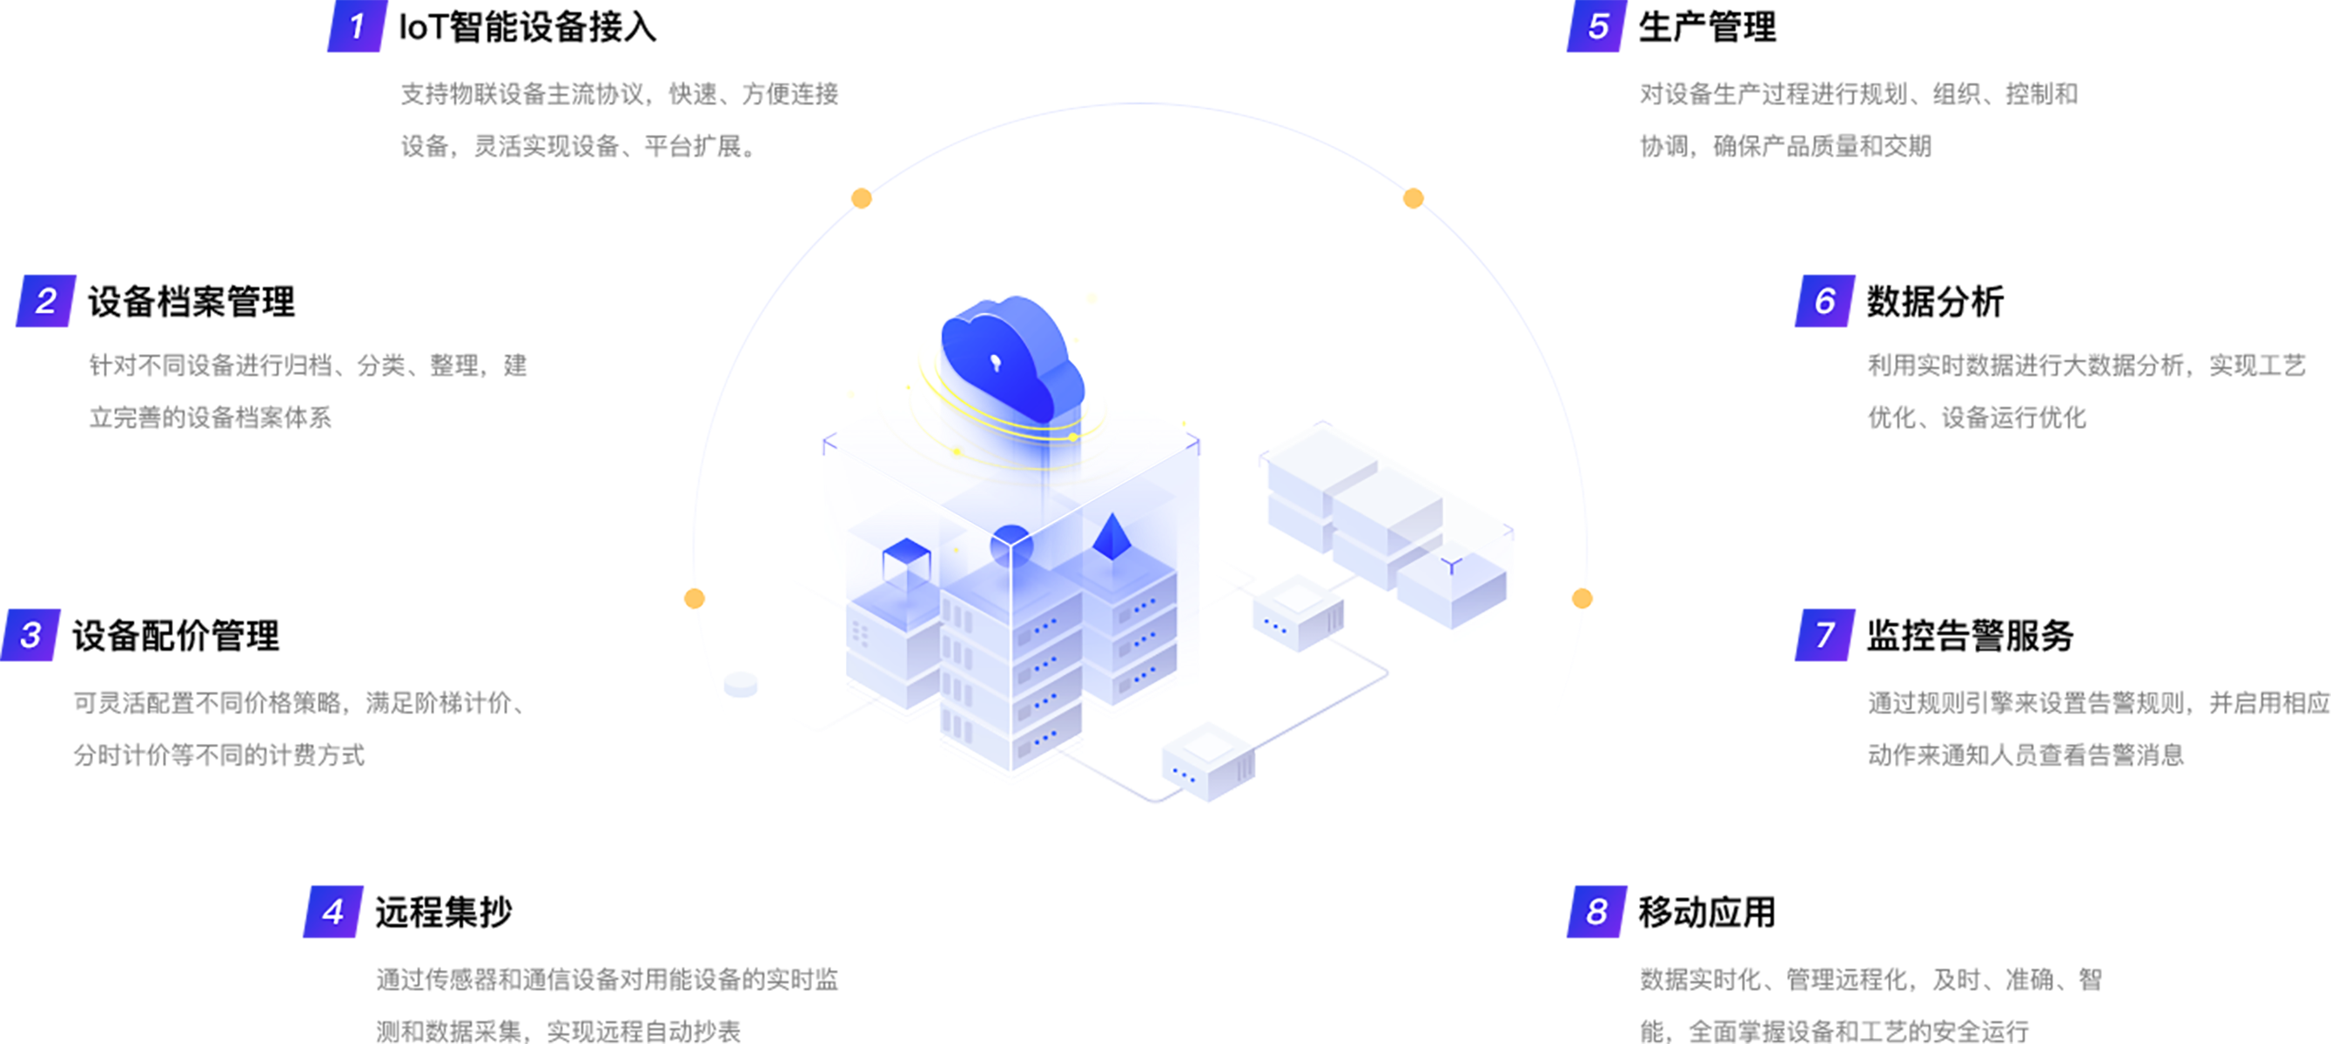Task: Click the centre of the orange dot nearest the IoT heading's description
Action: [x=862, y=198]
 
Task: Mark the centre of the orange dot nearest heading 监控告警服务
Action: [x=1582, y=598]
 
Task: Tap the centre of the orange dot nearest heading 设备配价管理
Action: [x=694, y=598]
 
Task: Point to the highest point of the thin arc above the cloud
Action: [x=1140, y=104]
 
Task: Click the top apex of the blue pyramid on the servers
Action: [x=1113, y=514]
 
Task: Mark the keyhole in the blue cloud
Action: [x=996, y=363]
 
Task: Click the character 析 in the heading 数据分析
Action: [x=1987, y=301]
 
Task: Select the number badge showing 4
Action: [x=333, y=911]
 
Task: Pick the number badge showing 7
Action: [x=1825, y=635]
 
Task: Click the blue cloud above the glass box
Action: [x=1011, y=358]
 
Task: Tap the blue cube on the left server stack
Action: [x=906, y=564]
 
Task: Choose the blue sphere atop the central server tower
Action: [x=1011, y=545]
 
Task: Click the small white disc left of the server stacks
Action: [x=740, y=685]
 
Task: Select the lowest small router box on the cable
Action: [x=1208, y=762]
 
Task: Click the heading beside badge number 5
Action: [x=1708, y=27]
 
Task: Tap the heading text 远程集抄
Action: [x=443, y=912]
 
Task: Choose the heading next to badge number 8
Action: [x=1708, y=912]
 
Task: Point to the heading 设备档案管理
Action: [x=191, y=301]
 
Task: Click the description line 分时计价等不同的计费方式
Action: [x=219, y=754]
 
